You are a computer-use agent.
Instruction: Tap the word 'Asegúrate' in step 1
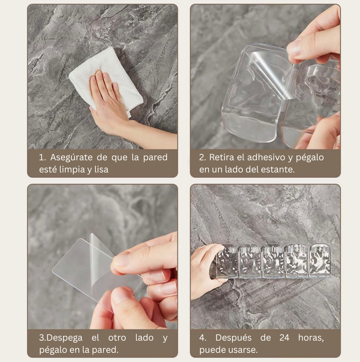(71, 157)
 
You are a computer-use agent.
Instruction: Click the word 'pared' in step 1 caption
(155, 157)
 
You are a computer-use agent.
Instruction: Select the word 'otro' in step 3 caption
(117, 338)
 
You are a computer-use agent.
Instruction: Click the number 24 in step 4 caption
(284, 338)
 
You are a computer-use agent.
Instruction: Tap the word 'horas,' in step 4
(311, 338)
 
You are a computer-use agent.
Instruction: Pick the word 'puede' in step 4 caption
(211, 349)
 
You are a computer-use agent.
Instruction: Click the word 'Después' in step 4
(233, 338)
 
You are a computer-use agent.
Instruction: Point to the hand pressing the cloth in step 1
(105, 99)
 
